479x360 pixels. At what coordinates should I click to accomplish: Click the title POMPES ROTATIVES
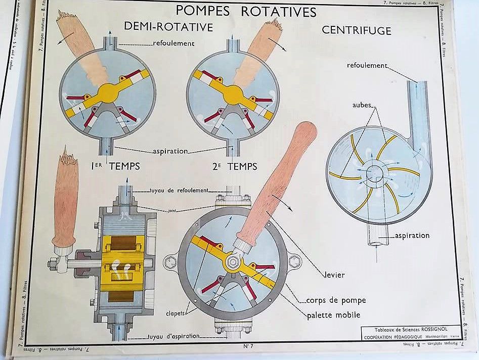click(x=245, y=11)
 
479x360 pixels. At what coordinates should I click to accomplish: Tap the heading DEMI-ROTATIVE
click(x=169, y=27)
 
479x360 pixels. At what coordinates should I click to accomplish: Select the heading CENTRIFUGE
click(x=357, y=30)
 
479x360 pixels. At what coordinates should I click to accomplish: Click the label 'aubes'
click(x=363, y=105)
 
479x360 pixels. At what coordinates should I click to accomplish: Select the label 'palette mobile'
click(x=334, y=315)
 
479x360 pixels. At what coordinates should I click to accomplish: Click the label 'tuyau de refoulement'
click(x=179, y=190)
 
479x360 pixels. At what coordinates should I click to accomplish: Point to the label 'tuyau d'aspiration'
click(x=174, y=336)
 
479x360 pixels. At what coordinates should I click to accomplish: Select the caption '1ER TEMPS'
click(x=116, y=166)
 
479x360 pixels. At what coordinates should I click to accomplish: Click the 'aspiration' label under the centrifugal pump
click(x=413, y=235)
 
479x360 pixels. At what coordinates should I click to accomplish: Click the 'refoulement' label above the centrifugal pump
click(x=367, y=66)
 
